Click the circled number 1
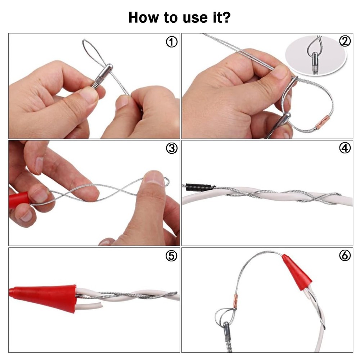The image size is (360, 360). coord(171,42)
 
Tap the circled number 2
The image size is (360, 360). coord(345,41)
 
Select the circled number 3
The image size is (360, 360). coord(171,148)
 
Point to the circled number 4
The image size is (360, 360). coord(345,148)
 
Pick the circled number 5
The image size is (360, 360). coord(171,256)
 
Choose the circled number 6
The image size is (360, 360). coord(345,255)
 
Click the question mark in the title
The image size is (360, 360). coord(226,17)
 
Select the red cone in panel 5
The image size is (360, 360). coord(44,297)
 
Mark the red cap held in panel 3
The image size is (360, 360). coord(19,200)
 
